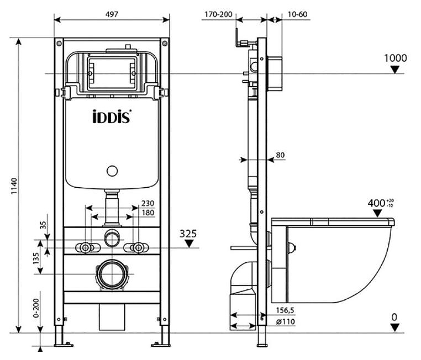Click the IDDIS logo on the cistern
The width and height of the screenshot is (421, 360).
tap(112, 117)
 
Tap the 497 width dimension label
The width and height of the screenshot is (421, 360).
tap(112, 14)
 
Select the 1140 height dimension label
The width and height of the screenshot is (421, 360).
tap(14, 186)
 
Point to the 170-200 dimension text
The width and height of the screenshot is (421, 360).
tap(218, 14)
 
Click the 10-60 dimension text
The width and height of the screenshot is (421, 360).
tap(297, 14)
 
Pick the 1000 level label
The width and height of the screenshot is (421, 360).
tap(396, 58)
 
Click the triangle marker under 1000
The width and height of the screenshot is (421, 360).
tap(394, 70)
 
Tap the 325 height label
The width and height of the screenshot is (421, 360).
tap(188, 234)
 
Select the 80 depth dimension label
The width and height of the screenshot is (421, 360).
tap(280, 155)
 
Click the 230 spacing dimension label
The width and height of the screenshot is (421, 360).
tap(148, 203)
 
